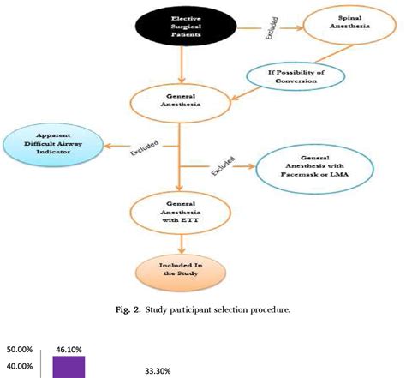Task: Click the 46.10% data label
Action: (69, 350)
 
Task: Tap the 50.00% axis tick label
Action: (19, 351)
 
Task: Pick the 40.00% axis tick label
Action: (19, 367)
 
